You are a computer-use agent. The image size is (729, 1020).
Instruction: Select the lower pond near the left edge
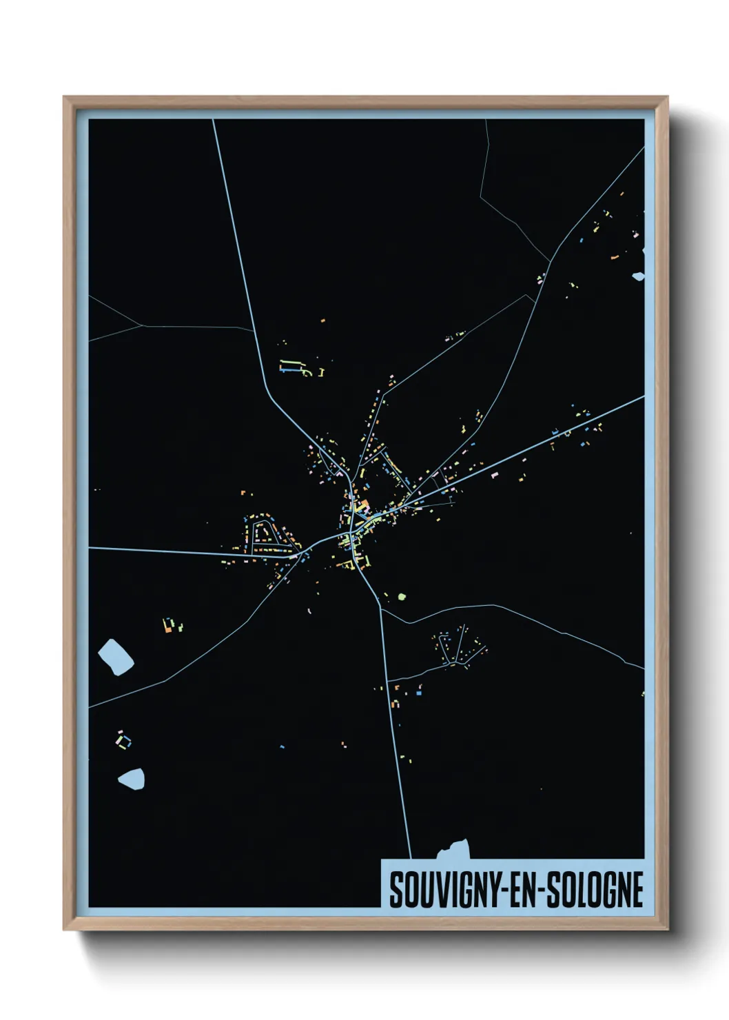coord(132,779)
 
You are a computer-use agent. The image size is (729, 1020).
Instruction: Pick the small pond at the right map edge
coord(639,276)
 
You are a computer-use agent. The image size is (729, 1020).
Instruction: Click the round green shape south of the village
coord(402,595)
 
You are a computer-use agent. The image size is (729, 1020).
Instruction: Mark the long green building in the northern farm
coord(292,362)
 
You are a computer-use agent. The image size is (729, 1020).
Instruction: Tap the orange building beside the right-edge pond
coord(615,258)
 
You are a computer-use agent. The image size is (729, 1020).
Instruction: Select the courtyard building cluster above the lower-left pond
coord(123,741)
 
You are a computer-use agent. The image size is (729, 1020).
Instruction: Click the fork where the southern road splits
coord(380,608)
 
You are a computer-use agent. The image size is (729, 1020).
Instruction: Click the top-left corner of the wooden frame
coord(64,98)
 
